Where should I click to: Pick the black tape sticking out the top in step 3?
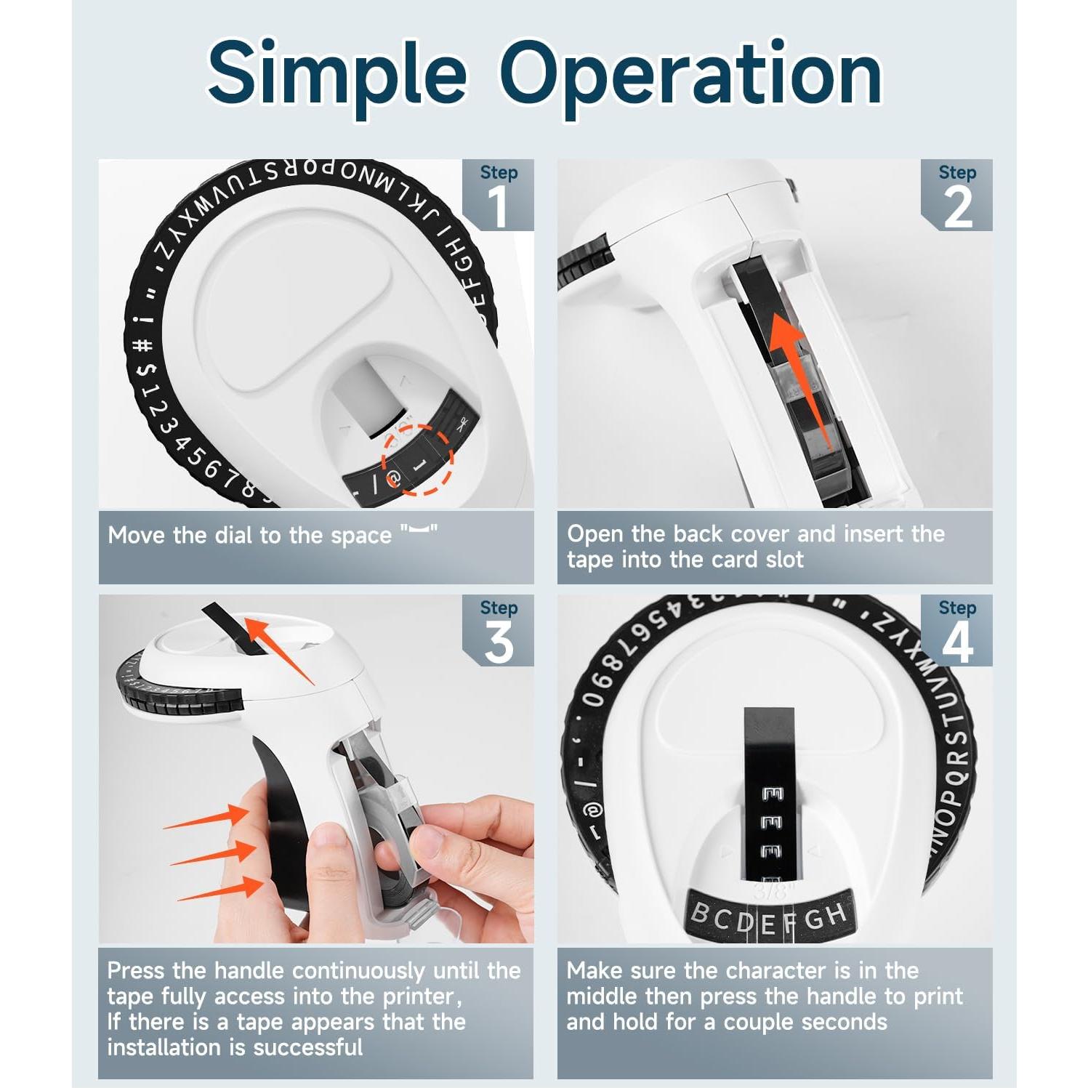point(230,625)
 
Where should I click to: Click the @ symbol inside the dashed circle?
point(393,479)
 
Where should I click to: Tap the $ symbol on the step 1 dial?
point(148,370)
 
